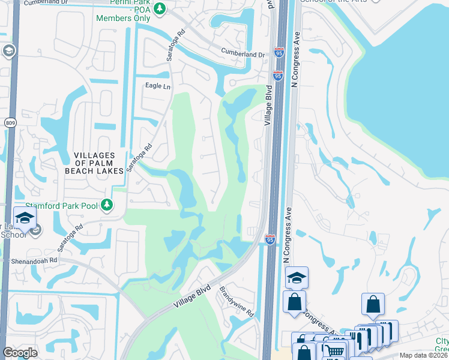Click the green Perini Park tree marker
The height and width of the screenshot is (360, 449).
click(x=159, y=8)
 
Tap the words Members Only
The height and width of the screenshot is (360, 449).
click(x=122, y=18)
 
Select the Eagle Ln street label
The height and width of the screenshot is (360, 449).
click(x=158, y=86)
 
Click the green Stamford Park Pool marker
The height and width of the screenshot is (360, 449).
click(x=106, y=205)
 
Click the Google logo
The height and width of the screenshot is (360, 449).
click(x=20, y=353)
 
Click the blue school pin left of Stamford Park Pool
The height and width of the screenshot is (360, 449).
click(x=25, y=218)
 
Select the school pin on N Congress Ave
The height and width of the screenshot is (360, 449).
click(x=297, y=277)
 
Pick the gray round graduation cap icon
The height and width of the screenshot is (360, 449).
click(x=8, y=51)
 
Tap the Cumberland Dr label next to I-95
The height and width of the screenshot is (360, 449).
click(x=243, y=54)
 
